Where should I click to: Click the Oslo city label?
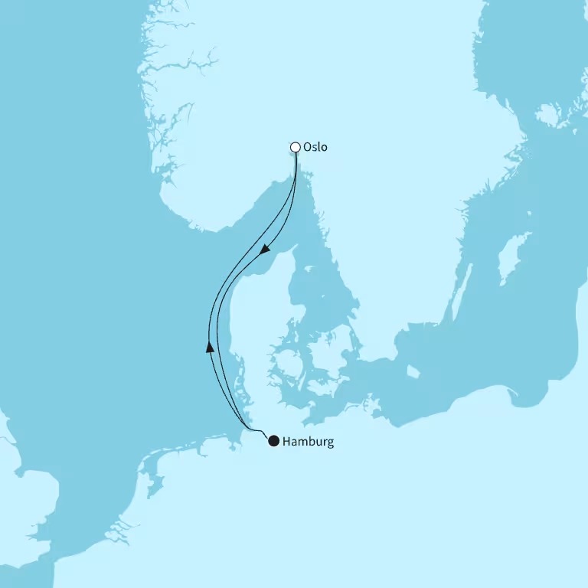(315, 147)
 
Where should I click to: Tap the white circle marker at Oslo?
(296, 147)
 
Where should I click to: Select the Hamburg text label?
(308, 442)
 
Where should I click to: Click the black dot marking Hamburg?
(273, 440)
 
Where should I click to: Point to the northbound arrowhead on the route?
(210, 346)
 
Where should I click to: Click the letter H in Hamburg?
(286, 442)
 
